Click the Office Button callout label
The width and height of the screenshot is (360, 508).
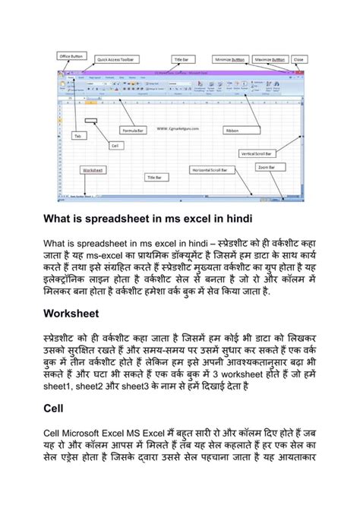(71, 55)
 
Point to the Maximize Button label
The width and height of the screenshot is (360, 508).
(270, 58)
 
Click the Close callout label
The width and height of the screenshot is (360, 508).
(299, 58)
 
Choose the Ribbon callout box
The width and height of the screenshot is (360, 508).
(232, 131)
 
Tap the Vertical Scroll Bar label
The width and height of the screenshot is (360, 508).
(258, 153)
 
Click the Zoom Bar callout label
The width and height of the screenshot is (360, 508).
(266, 166)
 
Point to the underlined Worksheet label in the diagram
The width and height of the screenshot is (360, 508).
(93, 170)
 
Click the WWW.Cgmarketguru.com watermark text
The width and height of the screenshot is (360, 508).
(179, 118)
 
